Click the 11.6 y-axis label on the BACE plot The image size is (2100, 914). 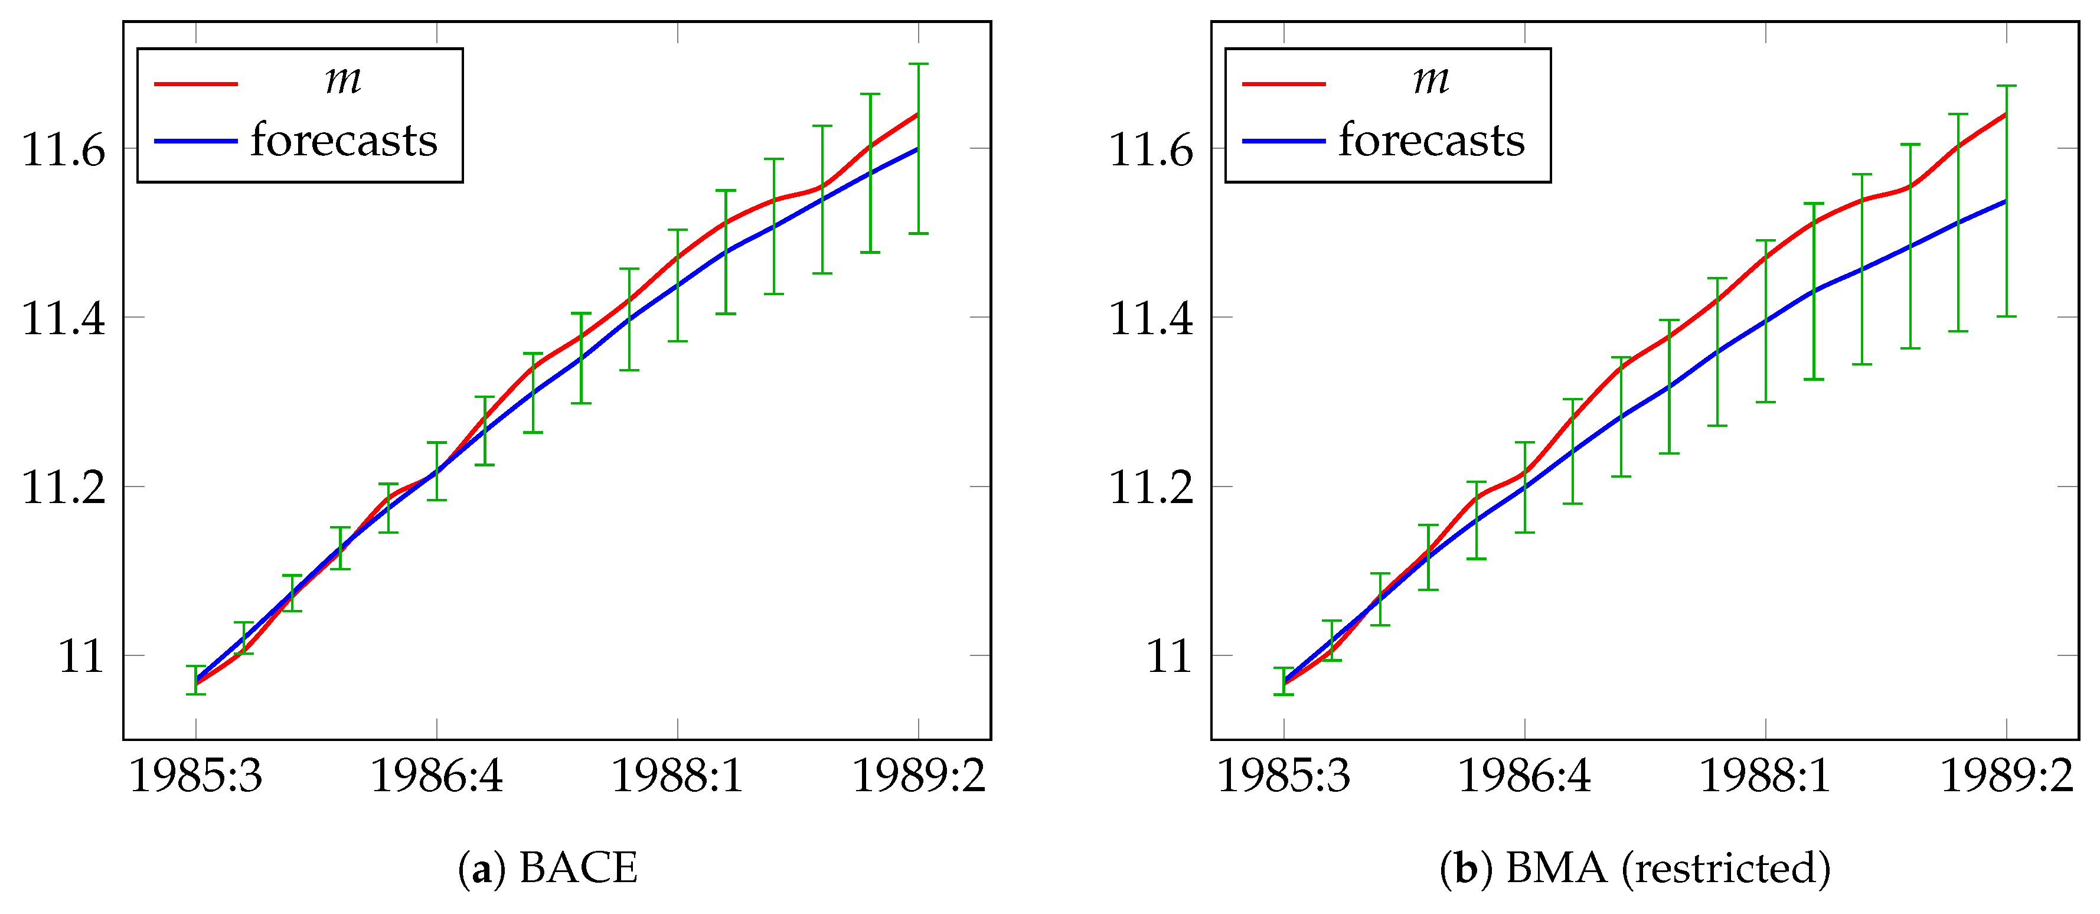click(64, 150)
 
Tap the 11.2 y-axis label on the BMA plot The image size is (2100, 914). click(1151, 488)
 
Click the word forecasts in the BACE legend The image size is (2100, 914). click(344, 141)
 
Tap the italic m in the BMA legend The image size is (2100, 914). click(1431, 80)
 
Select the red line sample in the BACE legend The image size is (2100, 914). click(195, 84)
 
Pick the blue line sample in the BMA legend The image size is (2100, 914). click(1284, 142)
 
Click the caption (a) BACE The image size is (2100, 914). click(548, 867)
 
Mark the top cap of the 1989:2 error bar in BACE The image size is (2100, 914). click(919, 64)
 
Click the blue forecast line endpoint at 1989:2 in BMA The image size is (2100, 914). click(2004, 201)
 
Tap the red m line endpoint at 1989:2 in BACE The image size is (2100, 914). click(917, 114)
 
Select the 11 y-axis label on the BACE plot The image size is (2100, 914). click(81, 657)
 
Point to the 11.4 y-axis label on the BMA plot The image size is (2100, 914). click(1151, 319)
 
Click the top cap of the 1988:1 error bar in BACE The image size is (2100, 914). click(677, 230)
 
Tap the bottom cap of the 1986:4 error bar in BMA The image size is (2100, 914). click(1524, 533)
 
